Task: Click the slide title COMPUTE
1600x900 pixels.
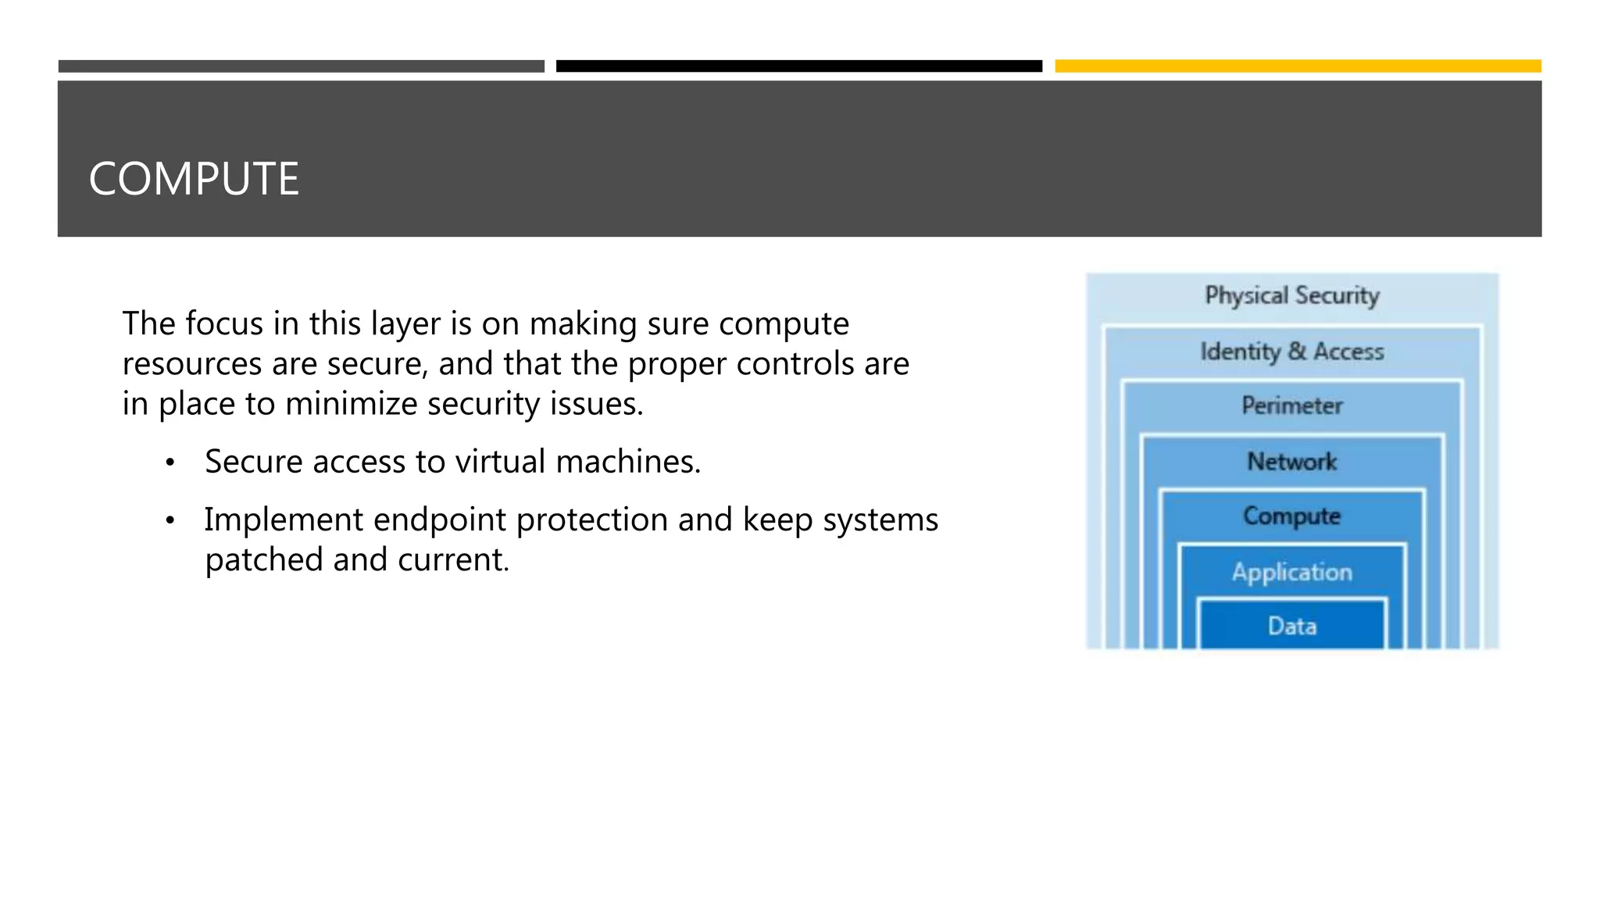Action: tap(194, 179)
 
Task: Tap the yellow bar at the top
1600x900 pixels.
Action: tap(1298, 66)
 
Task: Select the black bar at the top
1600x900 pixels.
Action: tap(798, 66)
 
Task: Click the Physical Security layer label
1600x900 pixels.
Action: tap(1292, 296)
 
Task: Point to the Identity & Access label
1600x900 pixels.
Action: tap(1292, 352)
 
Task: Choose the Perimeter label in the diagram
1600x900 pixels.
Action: tap(1292, 405)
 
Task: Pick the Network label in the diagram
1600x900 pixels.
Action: tap(1292, 462)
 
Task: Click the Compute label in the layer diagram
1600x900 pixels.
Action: tap(1292, 516)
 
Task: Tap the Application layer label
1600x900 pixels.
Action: tap(1292, 572)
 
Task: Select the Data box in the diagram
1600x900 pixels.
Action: tap(1292, 626)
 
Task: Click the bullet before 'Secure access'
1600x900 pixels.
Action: tap(170, 463)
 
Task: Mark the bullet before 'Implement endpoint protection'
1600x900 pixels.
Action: tap(170, 521)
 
